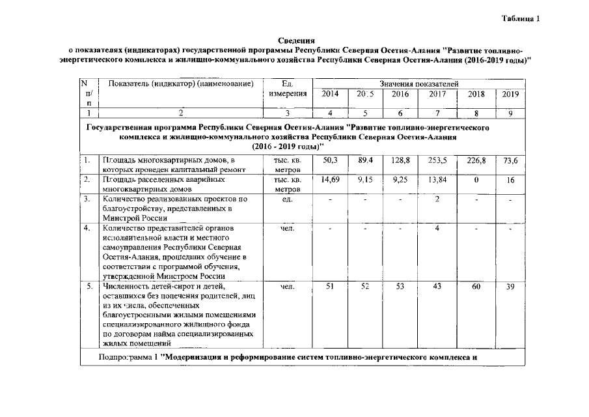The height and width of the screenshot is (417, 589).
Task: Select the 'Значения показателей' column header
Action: tap(419, 84)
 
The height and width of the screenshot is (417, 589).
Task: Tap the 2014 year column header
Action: tap(330, 94)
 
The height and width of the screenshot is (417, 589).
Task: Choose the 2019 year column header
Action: tap(510, 94)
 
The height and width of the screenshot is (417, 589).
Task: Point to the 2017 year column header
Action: tap(437, 94)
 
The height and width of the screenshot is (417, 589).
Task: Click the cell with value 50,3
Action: tap(330, 160)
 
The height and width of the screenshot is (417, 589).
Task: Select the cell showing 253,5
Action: tap(437, 160)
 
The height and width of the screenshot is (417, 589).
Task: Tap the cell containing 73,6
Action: tap(510, 160)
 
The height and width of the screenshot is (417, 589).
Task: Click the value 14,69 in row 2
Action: tap(330, 179)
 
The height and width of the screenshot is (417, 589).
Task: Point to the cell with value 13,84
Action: tap(437, 179)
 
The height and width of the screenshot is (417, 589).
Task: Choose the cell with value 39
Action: tap(510, 287)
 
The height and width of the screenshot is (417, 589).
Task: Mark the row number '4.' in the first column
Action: tap(87, 229)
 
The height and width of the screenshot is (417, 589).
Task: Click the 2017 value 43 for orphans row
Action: tap(437, 287)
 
